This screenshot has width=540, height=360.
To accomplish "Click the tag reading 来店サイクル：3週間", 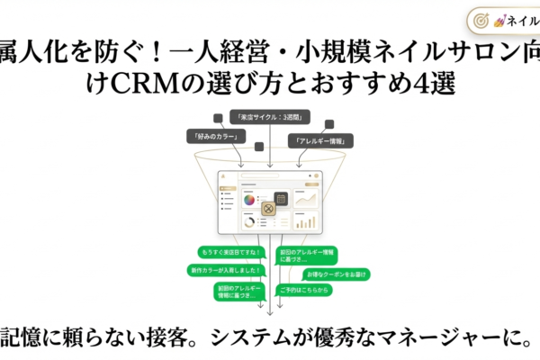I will tap(268, 117).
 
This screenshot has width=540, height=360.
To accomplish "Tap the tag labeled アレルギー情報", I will tap(321, 140).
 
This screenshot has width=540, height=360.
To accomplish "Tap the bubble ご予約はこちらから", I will tap(304, 290).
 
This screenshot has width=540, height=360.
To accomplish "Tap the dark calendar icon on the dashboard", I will tap(280, 197).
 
